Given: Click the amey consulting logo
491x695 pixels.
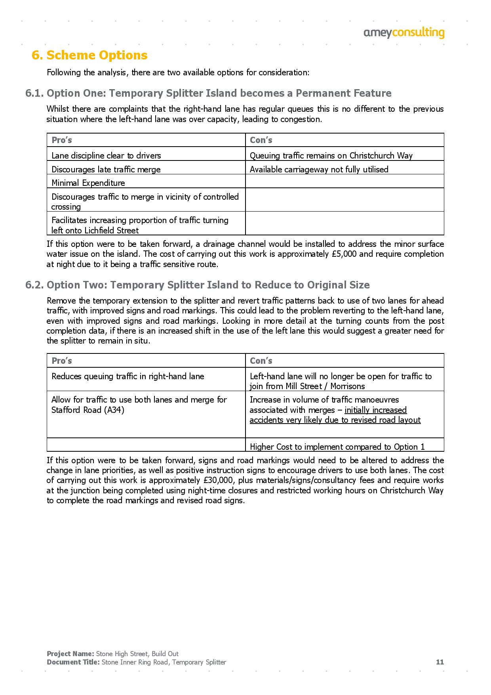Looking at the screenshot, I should [x=404, y=33].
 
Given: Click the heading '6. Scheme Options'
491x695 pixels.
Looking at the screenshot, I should [x=89, y=55].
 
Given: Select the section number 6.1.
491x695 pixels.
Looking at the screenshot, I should [x=34, y=94].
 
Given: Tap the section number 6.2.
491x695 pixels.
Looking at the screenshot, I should [x=34, y=285].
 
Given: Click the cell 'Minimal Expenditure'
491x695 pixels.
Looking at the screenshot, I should [x=88, y=183].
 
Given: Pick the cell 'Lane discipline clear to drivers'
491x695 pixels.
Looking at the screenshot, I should [x=106, y=156].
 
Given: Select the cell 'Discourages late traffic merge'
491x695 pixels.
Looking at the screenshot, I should [x=106, y=170].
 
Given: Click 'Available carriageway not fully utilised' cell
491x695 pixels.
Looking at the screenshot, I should [x=319, y=170].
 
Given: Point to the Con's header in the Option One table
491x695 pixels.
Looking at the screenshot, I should [x=261, y=140].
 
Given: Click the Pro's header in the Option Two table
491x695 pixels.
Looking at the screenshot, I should [x=62, y=361].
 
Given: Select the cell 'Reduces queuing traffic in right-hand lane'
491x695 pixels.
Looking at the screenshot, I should [x=128, y=376].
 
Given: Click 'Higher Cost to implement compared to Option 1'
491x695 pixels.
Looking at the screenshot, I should [x=337, y=447].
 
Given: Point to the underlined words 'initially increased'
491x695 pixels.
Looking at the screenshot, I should [x=375, y=410].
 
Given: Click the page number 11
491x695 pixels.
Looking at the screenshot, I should [x=440, y=662].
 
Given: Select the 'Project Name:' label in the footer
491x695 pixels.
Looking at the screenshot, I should [x=70, y=654].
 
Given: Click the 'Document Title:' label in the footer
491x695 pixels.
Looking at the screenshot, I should [x=73, y=662].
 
